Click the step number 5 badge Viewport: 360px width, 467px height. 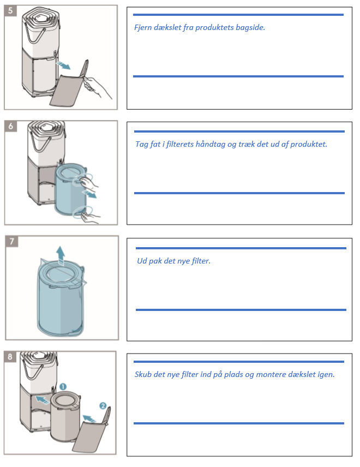click(x=10, y=11)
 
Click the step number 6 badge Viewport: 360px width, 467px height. click(x=11, y=126)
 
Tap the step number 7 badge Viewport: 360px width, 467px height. click(x=12, y=241)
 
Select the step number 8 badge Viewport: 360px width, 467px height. click(x=10, y=356)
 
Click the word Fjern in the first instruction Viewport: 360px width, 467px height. click(x=142, y=27)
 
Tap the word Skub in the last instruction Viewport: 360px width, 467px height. click(x=143, y=374)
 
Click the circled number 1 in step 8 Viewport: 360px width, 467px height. click(x=63, y=387)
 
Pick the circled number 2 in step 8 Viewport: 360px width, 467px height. click(x=103, y=406)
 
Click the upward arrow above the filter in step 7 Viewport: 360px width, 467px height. click(x=61, y=255)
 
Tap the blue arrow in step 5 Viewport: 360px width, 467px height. click(x=63, y=65)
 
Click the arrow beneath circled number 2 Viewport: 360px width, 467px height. click(x=89, y=418)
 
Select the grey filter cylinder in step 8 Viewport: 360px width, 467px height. click(x=65, y=416)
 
